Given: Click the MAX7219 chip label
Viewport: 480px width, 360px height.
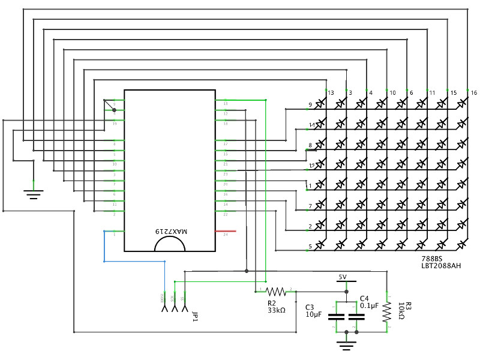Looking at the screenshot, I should pos(171,231).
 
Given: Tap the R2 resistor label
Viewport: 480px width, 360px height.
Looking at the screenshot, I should pos(272,303).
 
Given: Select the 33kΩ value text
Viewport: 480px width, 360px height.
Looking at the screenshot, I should pos(276,311).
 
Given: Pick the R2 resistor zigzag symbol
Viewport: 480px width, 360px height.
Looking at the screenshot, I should pos(273,291).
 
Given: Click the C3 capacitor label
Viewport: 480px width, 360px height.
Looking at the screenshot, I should pos(310,306).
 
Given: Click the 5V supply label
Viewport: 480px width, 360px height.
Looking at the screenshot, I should pos(343,277).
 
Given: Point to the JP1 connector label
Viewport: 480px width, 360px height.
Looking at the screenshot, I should pos(194,316).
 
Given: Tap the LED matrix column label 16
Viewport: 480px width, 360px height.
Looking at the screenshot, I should pos(474,93).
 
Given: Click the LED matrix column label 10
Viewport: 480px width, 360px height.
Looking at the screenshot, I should pos(392,93).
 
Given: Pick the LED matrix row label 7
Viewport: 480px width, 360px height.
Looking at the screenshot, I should pos(310,206).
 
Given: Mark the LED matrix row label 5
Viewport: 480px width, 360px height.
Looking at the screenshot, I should pos(310,246).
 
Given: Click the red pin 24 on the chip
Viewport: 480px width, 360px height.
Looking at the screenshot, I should pos(225,230).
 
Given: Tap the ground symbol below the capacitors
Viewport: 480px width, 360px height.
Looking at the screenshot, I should pos(344,345).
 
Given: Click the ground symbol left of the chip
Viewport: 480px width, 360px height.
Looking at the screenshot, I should pos(33,193).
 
